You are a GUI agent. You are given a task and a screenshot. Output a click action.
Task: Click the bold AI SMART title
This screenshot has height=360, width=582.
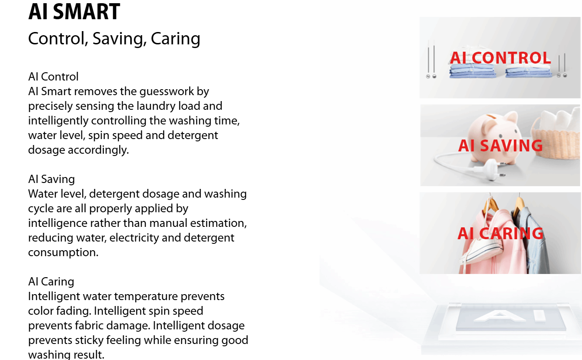[x=74, y=12]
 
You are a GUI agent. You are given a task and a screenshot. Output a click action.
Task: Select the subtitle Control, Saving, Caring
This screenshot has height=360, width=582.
[x=114, y=39]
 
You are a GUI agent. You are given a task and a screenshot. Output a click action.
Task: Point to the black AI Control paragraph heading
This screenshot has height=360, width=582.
[x=53, y=77]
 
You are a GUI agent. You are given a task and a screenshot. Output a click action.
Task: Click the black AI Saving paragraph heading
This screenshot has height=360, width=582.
[x=52, y=179]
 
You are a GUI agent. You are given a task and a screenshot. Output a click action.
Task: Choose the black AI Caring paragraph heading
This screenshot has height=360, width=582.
[x=51, y=281]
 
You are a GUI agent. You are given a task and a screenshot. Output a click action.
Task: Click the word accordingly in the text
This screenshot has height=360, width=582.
[x=98, y=150]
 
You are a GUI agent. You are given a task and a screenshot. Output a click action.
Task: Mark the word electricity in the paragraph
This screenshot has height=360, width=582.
[x=134, y=238]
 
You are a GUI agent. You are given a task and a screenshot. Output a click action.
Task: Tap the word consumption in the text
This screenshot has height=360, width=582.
[x=63, y=253]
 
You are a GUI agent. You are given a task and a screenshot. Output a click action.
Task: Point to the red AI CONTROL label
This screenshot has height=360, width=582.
[x=501, y=58]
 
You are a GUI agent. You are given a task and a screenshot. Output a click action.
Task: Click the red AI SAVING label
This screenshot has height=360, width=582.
[x=501, y=145]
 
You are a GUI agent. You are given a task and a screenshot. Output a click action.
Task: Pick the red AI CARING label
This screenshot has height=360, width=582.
[x=501, y=233]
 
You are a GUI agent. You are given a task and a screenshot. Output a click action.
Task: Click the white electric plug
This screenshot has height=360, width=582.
[x=488, y=169]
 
